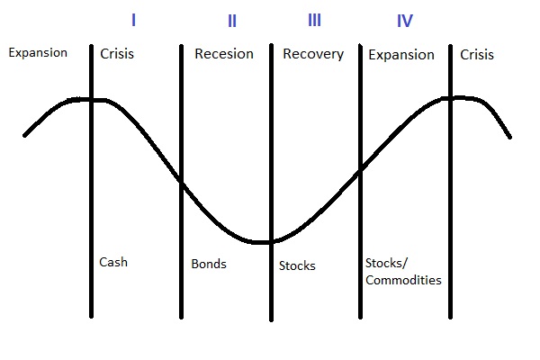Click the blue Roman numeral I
click(133, 20)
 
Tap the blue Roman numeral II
click(232, 21)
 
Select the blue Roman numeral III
click(314, 20)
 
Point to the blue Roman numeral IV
click(405, 21)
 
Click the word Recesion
click(224, 54)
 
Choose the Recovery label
click(313, 54)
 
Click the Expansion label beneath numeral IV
click(401, 55)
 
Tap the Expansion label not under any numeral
click(38, 53)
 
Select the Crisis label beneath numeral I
click(117, 54)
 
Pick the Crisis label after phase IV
click(477, 54)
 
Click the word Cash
click(113, 262)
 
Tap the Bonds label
click(209, 264)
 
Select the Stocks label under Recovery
click(297, 265)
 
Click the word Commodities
click(403, 280)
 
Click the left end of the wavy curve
click(24, 135)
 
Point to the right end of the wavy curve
click(510, 137)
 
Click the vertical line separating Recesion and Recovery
click(272, 183)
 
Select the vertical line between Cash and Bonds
click(182, 182)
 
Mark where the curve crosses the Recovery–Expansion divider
click(360, 171)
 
